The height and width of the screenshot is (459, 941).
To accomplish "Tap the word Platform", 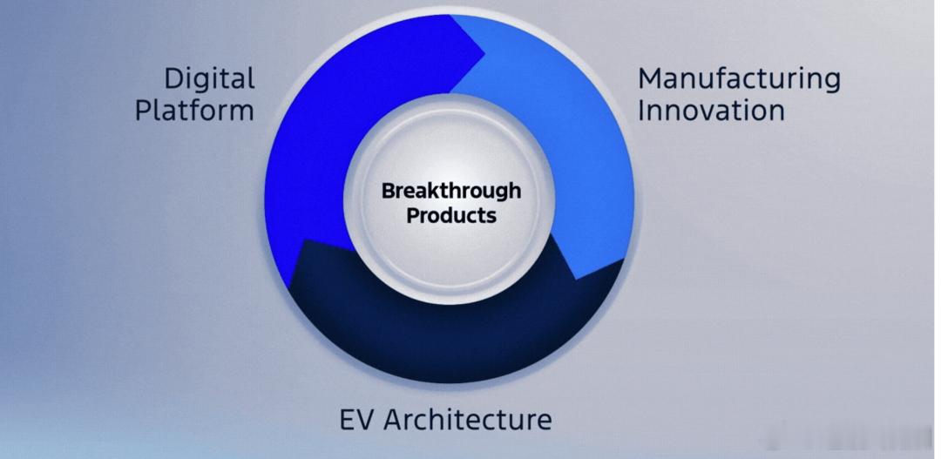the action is pyautogui.click(x=194, y=111).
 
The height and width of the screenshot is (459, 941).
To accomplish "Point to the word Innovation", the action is pyautogui.click(x=711, y=111).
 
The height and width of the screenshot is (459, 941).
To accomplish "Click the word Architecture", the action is pyautogui.click(x=468, y=420).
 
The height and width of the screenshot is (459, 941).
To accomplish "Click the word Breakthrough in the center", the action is pyautogui.click(x=451, y=192).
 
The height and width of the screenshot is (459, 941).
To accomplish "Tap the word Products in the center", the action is pyautogui.click(x=451, y=215).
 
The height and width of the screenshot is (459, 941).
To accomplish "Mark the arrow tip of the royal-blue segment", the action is pyautogui.click(x=484, y=54).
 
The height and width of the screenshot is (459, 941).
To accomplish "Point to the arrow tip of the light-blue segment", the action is pyautogui.click(x=576, y=279).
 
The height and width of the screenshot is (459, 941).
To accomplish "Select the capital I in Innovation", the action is pyautogui.click(x=640, y=111).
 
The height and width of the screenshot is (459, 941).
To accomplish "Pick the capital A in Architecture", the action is pyautogui.click(x=394, y=420).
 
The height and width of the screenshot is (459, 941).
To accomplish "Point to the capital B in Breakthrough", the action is pyautogui.click(x=389, y=191).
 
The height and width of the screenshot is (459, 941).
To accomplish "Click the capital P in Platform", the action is pyautogui.click(x=144, y=111).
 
